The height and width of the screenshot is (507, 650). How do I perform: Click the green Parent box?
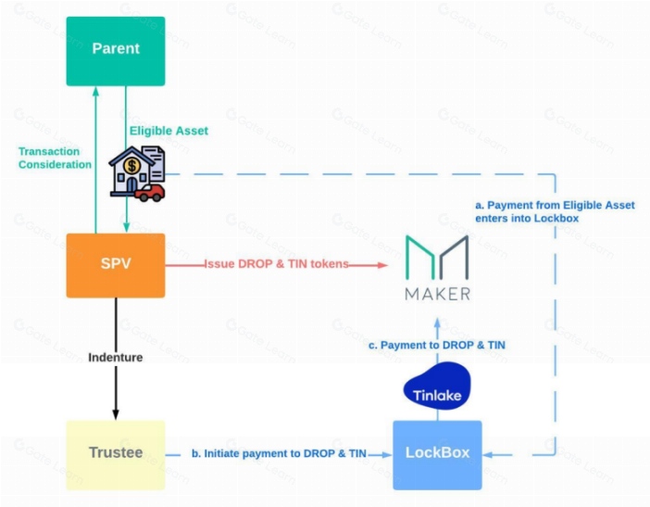116,51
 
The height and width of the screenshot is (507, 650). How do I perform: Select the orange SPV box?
116,265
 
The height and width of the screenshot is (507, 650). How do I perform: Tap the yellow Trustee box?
116,455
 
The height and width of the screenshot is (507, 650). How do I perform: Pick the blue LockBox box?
437,455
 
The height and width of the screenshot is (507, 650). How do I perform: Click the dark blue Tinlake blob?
437,387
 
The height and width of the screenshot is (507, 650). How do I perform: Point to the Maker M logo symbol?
437,258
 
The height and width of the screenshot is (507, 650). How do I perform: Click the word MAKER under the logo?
437,294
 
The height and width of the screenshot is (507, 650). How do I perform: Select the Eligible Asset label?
169,131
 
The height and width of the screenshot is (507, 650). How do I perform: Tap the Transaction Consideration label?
55,158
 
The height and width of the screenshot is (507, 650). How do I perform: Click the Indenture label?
115,357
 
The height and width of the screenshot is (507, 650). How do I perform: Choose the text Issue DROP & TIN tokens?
277,264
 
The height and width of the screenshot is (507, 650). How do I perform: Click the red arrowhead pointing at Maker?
382,265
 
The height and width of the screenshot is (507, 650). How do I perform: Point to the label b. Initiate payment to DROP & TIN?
279,453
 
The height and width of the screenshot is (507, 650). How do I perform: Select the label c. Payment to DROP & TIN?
437,345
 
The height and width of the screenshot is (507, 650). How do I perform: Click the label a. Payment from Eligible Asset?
555,206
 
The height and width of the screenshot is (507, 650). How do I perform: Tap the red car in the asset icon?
149,193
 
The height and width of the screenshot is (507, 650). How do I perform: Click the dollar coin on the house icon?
131,166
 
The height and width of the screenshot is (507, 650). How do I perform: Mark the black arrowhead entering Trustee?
116,414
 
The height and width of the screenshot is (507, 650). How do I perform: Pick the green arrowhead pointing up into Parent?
95,91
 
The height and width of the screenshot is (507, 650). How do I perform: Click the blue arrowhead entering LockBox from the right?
487,455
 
